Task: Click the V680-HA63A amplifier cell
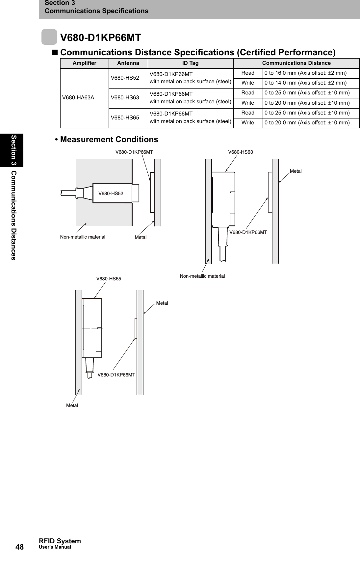pyautogui.click(x=78, y=98)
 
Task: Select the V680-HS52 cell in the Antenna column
pyautogui.click(x=125, y=78)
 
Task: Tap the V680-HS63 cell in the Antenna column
pyautogui.click(x=125, y=98)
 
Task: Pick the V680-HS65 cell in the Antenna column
pyautogui.click(x=125, y=117)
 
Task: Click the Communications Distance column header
pyautogui.click(x=296, y=63)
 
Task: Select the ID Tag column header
pyautogui.click(x=191, y=63)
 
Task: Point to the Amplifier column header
pyautogui.click(x=84, y=63)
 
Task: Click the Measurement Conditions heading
pyautogui.click(x=109, y=140)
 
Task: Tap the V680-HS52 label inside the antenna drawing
pyautogui.click(x=111, y=193)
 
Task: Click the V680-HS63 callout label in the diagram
pyautogui.click(x=241, y=152)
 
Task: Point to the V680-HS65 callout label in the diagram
pyautogui.click(x=109, y=279)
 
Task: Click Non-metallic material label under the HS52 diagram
pyautogui.click(x=83, y=237)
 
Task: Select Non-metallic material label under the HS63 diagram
pyautogui.click(x=202, y=276)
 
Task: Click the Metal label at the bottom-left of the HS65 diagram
pyautogui.click(x=72, y=405)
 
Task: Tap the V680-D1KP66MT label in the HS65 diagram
pyautogui.click(x=116, y=375)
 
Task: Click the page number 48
pyautogui.click(x=19, y=547)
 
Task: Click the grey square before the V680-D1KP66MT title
pyautogui.click(x=49, y=37)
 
